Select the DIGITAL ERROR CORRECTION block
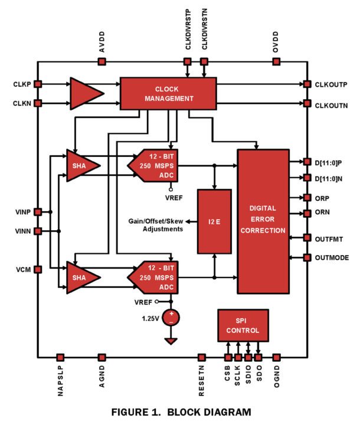pos(263,221)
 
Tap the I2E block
pos(214,221)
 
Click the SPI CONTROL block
pos(243,324)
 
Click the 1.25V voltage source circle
pos(171,318)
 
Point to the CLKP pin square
pos(37,84)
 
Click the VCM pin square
pos(37,269)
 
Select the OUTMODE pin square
pos(307,257)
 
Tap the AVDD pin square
pos(102,61)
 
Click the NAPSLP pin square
pos(60,357)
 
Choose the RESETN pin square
pos(202,357)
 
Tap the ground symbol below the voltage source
pos(171,341)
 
